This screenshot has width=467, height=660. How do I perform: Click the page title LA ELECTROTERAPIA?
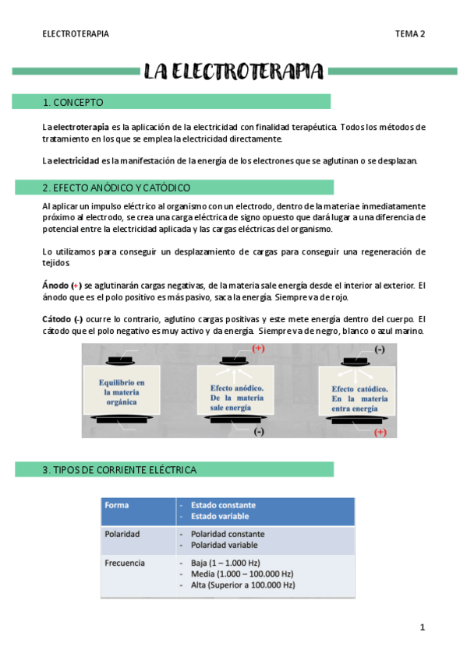[233, 72]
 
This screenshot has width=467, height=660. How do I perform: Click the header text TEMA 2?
[409, 33]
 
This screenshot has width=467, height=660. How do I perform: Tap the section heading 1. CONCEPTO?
[73, 102]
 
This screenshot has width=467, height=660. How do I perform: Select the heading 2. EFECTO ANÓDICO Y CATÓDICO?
[116, 188]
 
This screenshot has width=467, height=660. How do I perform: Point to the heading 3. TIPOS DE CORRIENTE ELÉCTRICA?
[119, 470]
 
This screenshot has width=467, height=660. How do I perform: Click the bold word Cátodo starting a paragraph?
[56, 319]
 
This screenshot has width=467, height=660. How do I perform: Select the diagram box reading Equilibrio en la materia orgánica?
[122, 388]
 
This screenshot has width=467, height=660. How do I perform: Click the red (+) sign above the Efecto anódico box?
[258, 349]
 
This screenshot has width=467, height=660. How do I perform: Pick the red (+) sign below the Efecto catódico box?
[380, 432]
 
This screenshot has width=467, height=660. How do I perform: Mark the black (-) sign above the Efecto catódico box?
[379, 349]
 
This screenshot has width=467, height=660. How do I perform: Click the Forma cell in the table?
[117, 505]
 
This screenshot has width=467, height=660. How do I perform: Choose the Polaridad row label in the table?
[122, 535]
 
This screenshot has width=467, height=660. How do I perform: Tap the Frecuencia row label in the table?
[126, 562]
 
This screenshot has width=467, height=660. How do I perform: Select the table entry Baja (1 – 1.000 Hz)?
[225, 562]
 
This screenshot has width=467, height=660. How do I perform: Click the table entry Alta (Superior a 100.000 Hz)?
[242, 585]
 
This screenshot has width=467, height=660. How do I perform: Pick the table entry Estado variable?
[223, 517]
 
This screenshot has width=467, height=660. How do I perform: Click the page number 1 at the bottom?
[422, 627]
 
